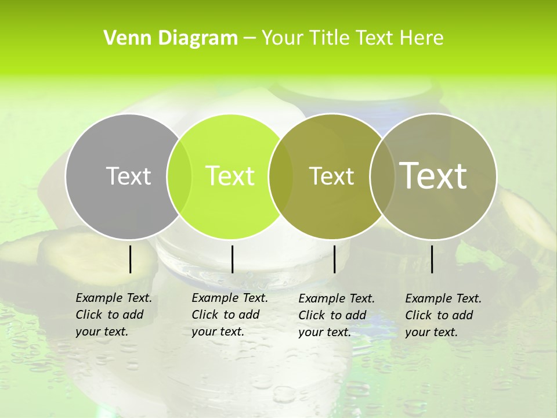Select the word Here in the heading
click(x=422, y=38)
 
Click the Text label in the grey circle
click(x=128, y=176)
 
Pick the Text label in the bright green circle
click(x=230, y=176)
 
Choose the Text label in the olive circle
click(x=332, y=176)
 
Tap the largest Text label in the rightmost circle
click(x=433, y=175)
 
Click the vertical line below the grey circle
click(x=130, y=259)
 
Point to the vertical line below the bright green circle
click(x=232, y=259)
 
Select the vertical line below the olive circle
click(x=334, y=259)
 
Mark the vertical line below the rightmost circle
click(x=432, y=259)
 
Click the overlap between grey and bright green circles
click(x=179, y=176)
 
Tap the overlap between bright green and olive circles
click(x=281, y=176)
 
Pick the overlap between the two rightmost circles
click(x=381, y=176)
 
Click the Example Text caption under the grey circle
click(x=114, y=315)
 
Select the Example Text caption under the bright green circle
click(x=230, y=315)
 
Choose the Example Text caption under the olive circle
click(x=337, y=315)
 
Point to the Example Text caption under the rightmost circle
click(x=443, y=315)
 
